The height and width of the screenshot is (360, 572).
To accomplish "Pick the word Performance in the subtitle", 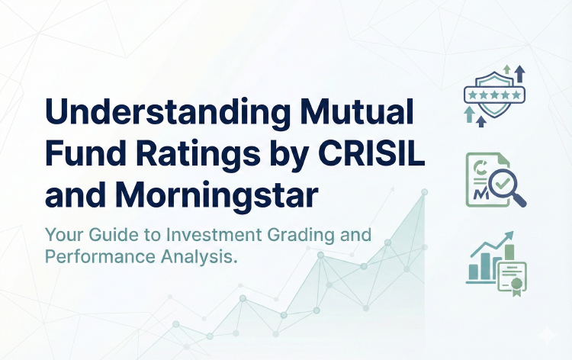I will (x=92, y=257).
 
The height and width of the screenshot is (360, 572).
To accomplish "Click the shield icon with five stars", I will (x=494, y=95).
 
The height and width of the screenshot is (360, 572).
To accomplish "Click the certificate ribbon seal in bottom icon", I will (x=516, y=283).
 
